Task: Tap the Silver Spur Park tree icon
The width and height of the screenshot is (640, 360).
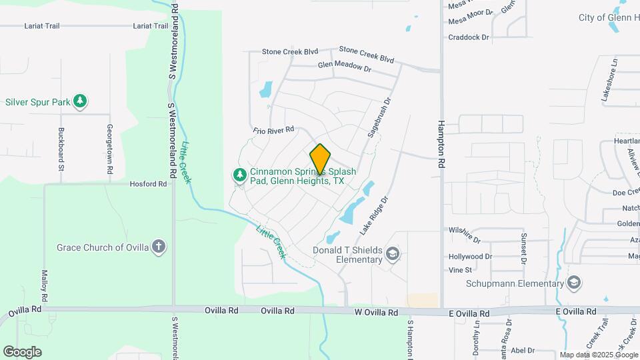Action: point(81,101)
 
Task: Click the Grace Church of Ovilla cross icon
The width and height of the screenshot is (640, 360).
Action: point(159,247)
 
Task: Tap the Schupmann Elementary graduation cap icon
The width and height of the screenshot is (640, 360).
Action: point(573,283)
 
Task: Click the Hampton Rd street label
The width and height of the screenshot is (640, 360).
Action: point(441,143)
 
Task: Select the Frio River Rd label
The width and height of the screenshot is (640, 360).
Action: point(273,130)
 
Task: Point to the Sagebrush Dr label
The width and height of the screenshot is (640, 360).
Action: point(377,118)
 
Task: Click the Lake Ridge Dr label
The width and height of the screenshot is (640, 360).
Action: point(373,215)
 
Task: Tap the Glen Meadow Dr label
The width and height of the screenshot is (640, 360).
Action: point(344,67)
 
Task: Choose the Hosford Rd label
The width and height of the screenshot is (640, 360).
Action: point(148,184)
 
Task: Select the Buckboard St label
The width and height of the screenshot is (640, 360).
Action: point(61,150)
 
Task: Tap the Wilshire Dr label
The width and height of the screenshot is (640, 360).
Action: point(465,234)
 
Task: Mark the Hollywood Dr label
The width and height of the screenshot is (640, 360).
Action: point(470,256)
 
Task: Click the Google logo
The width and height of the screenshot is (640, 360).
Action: point(22,351)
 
